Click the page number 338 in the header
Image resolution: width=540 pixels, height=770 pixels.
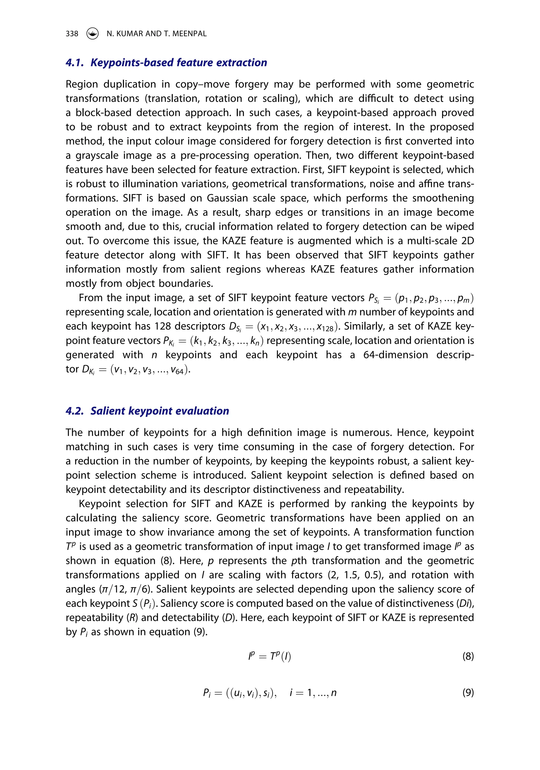point(72,33)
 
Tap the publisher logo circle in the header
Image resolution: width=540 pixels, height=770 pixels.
point(92,33)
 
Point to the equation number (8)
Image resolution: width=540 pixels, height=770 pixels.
point(467,656)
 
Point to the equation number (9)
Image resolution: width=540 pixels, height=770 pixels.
point(467,692)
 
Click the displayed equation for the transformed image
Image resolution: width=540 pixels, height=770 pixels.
point(269,656)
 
